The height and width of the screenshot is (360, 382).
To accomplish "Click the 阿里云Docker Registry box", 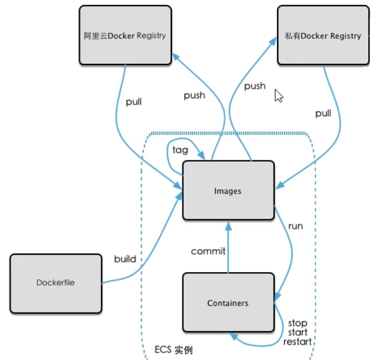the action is [x=125, y=35].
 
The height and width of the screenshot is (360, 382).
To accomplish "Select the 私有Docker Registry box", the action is [x=323, y=35].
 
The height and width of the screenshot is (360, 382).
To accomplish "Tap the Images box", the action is [x=229, y=190].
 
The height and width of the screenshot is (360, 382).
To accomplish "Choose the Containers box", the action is [x=229, y=302].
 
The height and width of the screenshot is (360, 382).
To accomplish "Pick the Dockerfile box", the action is [x=56, y=283].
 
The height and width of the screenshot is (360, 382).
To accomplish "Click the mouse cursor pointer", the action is [x=279, y=96].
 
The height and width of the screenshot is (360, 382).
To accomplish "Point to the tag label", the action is [x=181, y=150].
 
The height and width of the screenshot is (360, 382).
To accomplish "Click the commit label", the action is [x=208, y=251].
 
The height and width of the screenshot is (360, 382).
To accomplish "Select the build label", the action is [x=125, y=258].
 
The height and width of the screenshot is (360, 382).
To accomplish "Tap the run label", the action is [x=296, y=227].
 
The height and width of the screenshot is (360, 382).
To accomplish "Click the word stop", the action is [x=298, y=324].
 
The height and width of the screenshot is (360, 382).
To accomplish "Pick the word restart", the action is [x=298, y=342].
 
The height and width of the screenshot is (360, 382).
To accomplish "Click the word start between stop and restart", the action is [x=298, y=332].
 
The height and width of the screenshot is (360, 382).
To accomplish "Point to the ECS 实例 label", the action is [x=173, y=350].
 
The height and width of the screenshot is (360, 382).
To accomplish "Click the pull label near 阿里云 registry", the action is [x=133, y=102].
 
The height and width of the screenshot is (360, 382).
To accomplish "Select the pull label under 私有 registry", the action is [x=323, y=114].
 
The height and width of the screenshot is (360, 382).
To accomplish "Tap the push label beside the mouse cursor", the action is [x=255, y=86].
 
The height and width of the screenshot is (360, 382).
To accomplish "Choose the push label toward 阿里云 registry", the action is [x=194, y=96].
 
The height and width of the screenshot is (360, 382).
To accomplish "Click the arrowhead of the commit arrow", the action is [x=228, y=227].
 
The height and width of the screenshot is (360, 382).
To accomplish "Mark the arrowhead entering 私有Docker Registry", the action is [x=273, y=41].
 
